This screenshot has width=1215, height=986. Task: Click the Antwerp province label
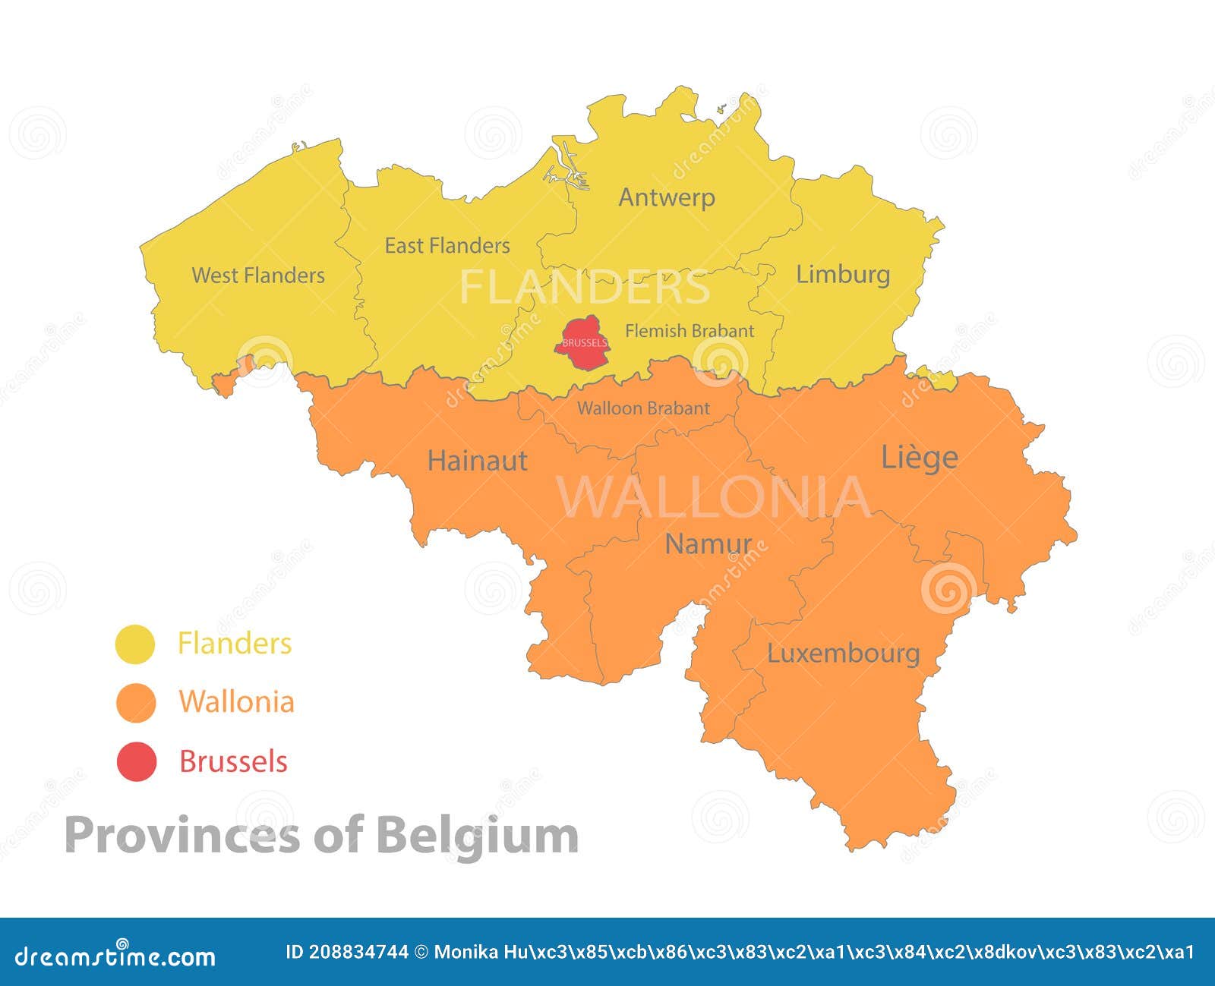pyautogui.click(x=667, y=197)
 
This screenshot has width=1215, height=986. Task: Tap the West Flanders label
pyautogui.click(x=258, y=275)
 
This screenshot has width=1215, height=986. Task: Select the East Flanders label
pyautogui.click(x=447, y=245)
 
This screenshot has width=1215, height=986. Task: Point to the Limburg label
pyautogui.click(x=843, y=274)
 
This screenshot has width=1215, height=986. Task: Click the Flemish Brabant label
pyautogui.click(x=690, y=331)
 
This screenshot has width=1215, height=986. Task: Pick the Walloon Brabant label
pyautogui.click(x=643, y=408)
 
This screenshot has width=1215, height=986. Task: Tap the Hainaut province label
pyautogui.click(x=477, y=460)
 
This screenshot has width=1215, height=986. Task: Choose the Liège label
pyautogui.click(x=919, y=457)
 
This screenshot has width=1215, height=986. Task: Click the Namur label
pyautogui.click(x=708, y=543)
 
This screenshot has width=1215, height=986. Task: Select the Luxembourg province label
pyautogui.click(x=843, y=653)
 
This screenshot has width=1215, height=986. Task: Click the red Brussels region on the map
pyautogui.click(x=583, y=344)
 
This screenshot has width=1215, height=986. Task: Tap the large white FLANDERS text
pyautogui.click(x=585, y=288)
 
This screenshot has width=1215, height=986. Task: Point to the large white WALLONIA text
pyautogui.click(x=714, y=497)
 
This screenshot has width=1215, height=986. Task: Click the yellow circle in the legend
pyautogui.click(x=135, y=644)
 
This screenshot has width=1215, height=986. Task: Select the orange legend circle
pyautogui.click(x=136, y=702)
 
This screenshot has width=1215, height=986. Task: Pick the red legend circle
pyautogui.click(x=136, y=761)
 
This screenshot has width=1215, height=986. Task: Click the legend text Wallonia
pyautogui.click(x=236, y=701)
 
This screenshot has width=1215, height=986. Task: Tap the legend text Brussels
pyautogui.click(x=233, y=761)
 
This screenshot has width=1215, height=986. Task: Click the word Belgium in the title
pyautogui.click(x=477, y=835)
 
